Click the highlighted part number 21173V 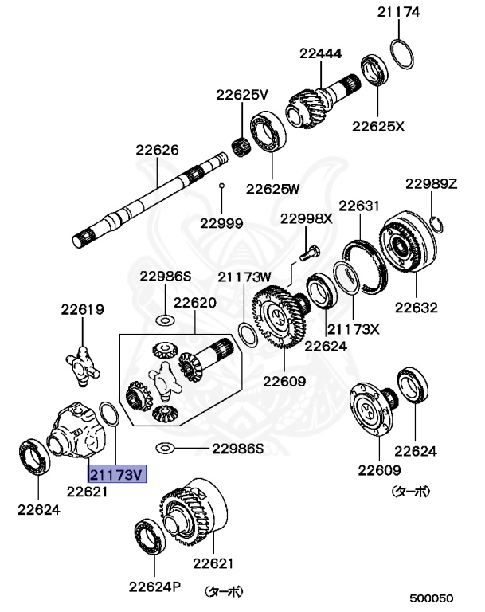[116, 475]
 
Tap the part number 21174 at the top [399, 12]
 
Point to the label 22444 [321, 53]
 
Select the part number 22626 [157, 149]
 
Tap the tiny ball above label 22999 [222, 186]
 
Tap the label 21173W [245, 277]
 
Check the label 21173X [354, 328]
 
